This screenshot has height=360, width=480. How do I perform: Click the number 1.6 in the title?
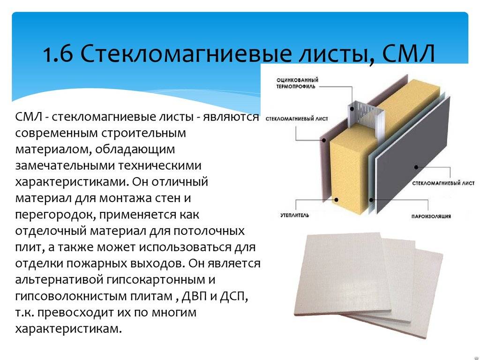[58, 54]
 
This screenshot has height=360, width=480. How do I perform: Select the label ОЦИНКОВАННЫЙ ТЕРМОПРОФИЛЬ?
[297, 83]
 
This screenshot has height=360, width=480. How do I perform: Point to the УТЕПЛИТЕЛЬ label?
[295, 215]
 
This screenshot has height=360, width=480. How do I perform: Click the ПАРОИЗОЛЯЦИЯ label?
[431, 217]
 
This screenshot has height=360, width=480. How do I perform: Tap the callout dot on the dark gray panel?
[416, 167]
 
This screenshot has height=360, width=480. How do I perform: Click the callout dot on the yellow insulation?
[336, 200]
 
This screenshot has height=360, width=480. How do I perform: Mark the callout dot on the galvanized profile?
[352, 108]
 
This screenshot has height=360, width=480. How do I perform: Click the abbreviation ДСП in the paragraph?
[234, 296]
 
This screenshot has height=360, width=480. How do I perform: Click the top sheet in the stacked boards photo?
[342, 274]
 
